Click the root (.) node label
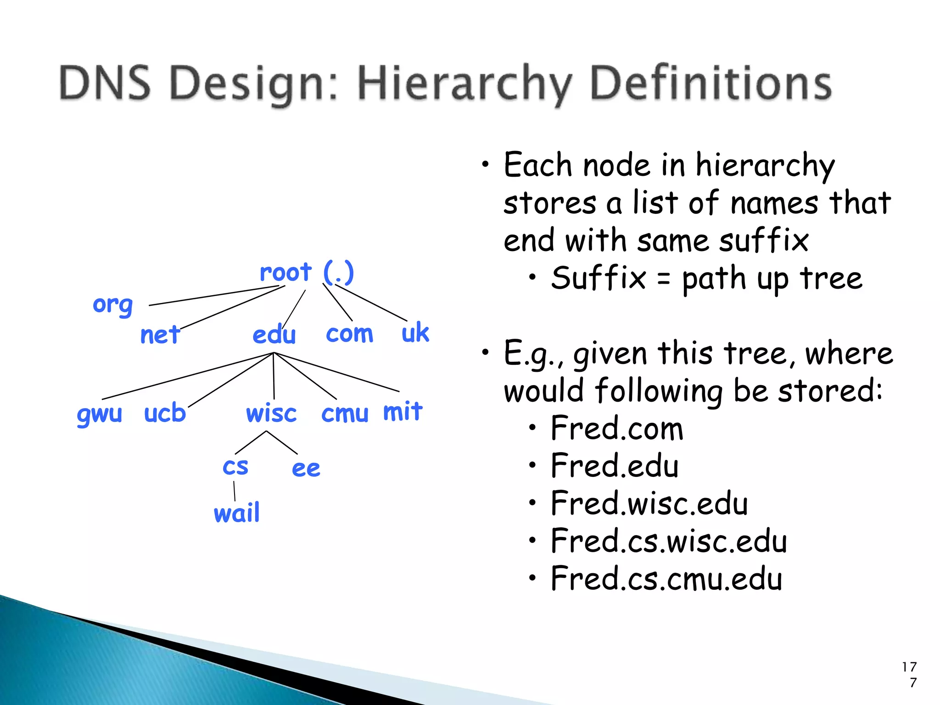[x=307, y=273]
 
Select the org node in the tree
[x=113, y=305]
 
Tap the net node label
[x=160, y=335]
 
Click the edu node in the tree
[x=274, y=334]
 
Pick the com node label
[x=349, y=333]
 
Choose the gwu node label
[x=100, y=414]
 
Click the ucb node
[x=165, y=413]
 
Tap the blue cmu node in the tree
[x=345, y=414]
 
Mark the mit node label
[x=403, y=411]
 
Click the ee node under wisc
[x=306, y=469]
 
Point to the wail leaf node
[x=237, y=513]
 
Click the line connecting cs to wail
[x=235, y=491]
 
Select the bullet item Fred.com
[x=617, y=428]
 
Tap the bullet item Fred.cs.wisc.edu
[x=668, y=541]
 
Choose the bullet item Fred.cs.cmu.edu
[x=666, y=579]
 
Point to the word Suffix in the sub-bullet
[x=599, y=278]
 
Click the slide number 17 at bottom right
[x=909, y=667]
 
